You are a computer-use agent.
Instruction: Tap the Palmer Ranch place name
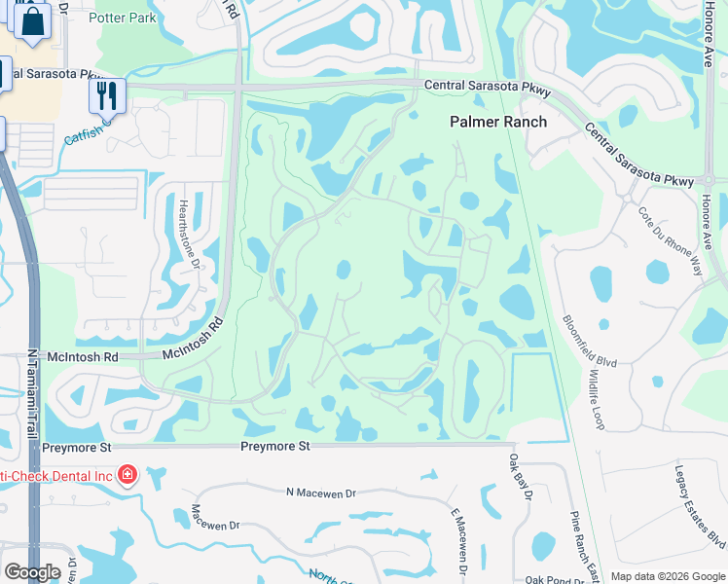point(497,122)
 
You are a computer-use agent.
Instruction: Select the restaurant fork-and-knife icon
point(107,94)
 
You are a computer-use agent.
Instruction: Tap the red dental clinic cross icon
point(127,475)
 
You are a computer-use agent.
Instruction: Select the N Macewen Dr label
point(321,493)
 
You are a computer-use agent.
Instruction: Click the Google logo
point(32,572)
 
